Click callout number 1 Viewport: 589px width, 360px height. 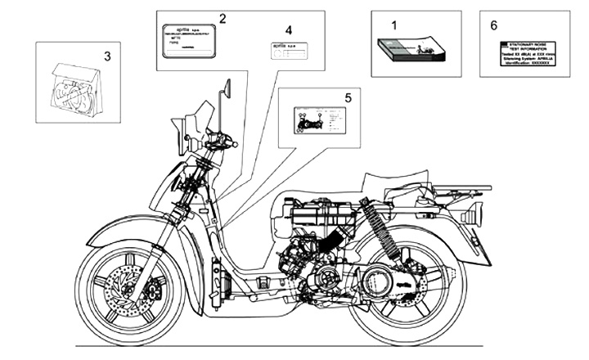pyautogui.click(x=393, y=25)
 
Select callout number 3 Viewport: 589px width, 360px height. pyautogui.click(x=107, y=56)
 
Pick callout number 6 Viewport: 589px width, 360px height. pyautogui.click(x=493, y=25)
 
